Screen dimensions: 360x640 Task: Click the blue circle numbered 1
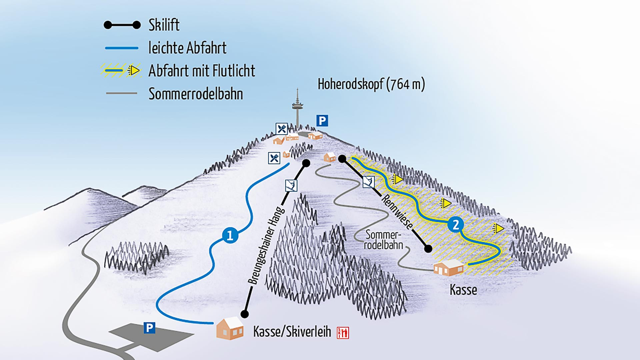tap(230, 236)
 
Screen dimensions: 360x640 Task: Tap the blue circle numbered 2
tap(455, 224)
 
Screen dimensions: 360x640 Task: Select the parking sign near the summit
tap(322, 120)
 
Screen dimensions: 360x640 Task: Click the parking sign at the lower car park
tap(149, 328)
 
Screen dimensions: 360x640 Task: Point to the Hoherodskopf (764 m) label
tap(371, 84)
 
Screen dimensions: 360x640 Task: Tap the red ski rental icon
tap(343, 332)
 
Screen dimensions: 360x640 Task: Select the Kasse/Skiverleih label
tap(292, 332)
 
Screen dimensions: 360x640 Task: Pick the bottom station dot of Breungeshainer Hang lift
tap(245, 314)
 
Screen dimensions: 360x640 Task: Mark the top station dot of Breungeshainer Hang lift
tap(306, 163)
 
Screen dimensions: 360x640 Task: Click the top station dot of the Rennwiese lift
tap(342, 159)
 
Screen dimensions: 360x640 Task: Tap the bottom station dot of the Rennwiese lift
tap(428, 248)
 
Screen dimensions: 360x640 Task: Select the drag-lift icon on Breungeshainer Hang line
tap(291, 185)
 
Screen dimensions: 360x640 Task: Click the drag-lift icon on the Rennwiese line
tap(368, 182)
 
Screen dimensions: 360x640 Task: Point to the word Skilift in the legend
tap(164, 25)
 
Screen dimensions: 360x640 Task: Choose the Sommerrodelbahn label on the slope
tap(383, 240)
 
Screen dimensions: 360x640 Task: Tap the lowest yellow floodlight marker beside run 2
tap(498, 228)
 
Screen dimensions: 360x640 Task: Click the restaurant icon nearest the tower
tap(282, 128)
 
